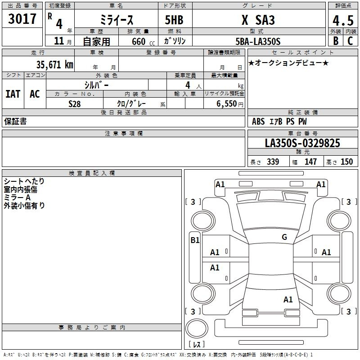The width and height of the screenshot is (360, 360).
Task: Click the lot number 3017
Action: coord(22,19)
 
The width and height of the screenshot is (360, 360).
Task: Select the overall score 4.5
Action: coord(343,20)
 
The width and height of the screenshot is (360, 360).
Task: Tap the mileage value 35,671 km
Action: coord(54,65)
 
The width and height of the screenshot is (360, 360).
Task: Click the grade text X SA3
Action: coord(258,20)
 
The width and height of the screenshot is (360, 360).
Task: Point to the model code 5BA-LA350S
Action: coord(258,41)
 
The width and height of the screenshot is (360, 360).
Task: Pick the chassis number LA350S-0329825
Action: coord(302,143)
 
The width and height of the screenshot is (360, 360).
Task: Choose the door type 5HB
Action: coord(174,20)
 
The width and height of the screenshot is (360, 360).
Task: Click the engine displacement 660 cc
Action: coord(143,42)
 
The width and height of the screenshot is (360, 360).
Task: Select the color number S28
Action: coord(74,104)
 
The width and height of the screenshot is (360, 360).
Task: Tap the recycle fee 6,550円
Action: coord(230,104)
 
